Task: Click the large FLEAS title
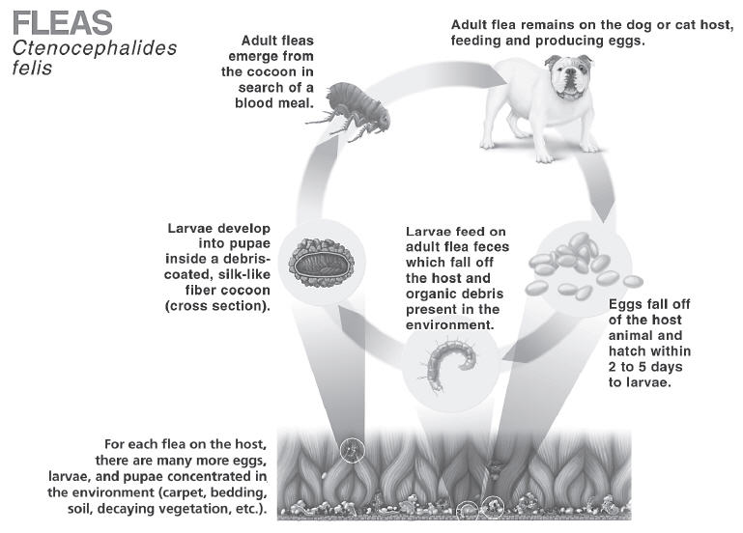pyautogui.click(x=63, y=23)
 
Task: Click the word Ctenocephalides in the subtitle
pyautogui.click(x=95, y=48)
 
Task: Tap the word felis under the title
pyautogui.click(x=32, y=68)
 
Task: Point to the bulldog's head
pyautogui.click(x=569, y=75)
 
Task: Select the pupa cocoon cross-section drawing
pyautogui.click(x=322, y=263)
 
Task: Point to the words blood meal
pyautogui.click(x=274, y=103)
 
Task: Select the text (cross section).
pyautogui.click(x=217, y=306)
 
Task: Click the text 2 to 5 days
pyautogui.click(x=645, y=367)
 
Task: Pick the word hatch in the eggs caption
pyautogui.click(x=625, y=351)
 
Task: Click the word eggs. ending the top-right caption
pyautogui.click(x=623, y=42)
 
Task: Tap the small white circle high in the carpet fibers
pyautogui.click(x=353, y=450)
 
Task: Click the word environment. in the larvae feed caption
pyautogui.click(x=449, y=325)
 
